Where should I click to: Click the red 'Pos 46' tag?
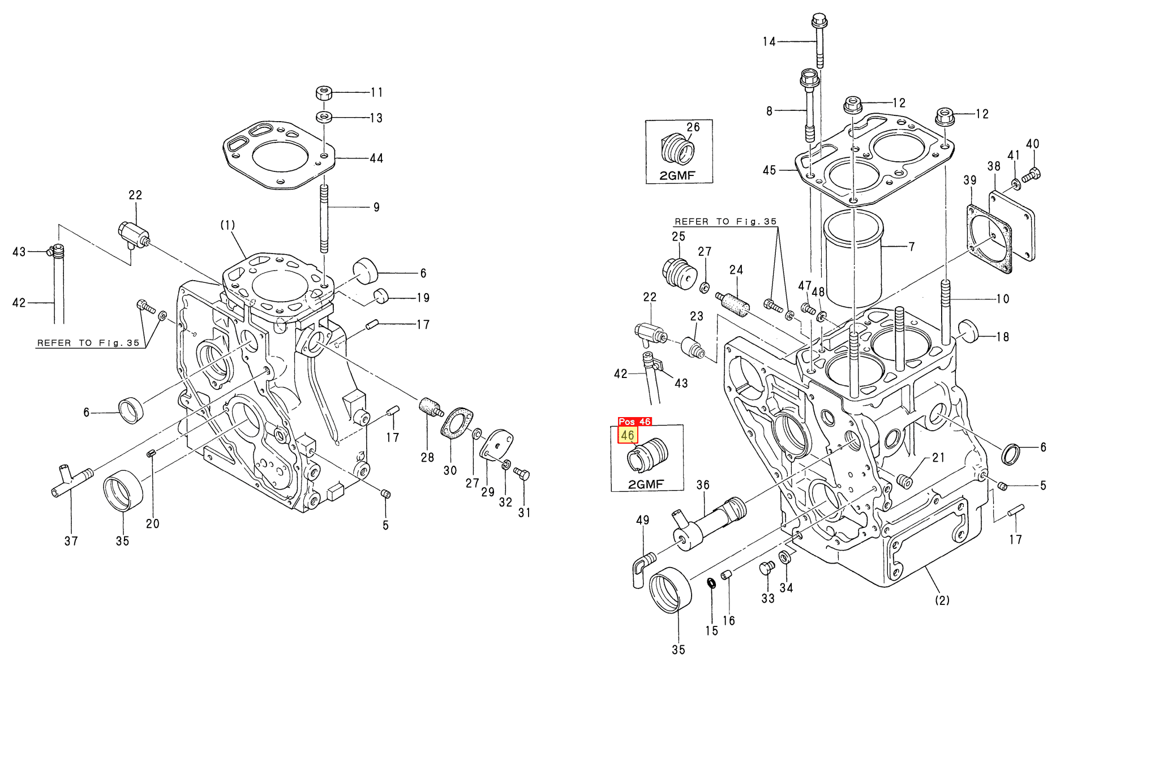pos(634,422)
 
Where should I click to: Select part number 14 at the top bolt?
pos(769,41)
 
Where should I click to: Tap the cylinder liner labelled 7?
pos(853,259)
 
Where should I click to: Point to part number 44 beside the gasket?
pos(376,158)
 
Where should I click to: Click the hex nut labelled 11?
pos(323,92)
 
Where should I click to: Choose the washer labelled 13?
pos(324,117)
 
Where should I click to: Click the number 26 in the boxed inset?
pos(693,127)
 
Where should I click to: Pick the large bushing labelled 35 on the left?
pos(123,490)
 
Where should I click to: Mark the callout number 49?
pos(642,520)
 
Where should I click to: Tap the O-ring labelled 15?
pos(711,583)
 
